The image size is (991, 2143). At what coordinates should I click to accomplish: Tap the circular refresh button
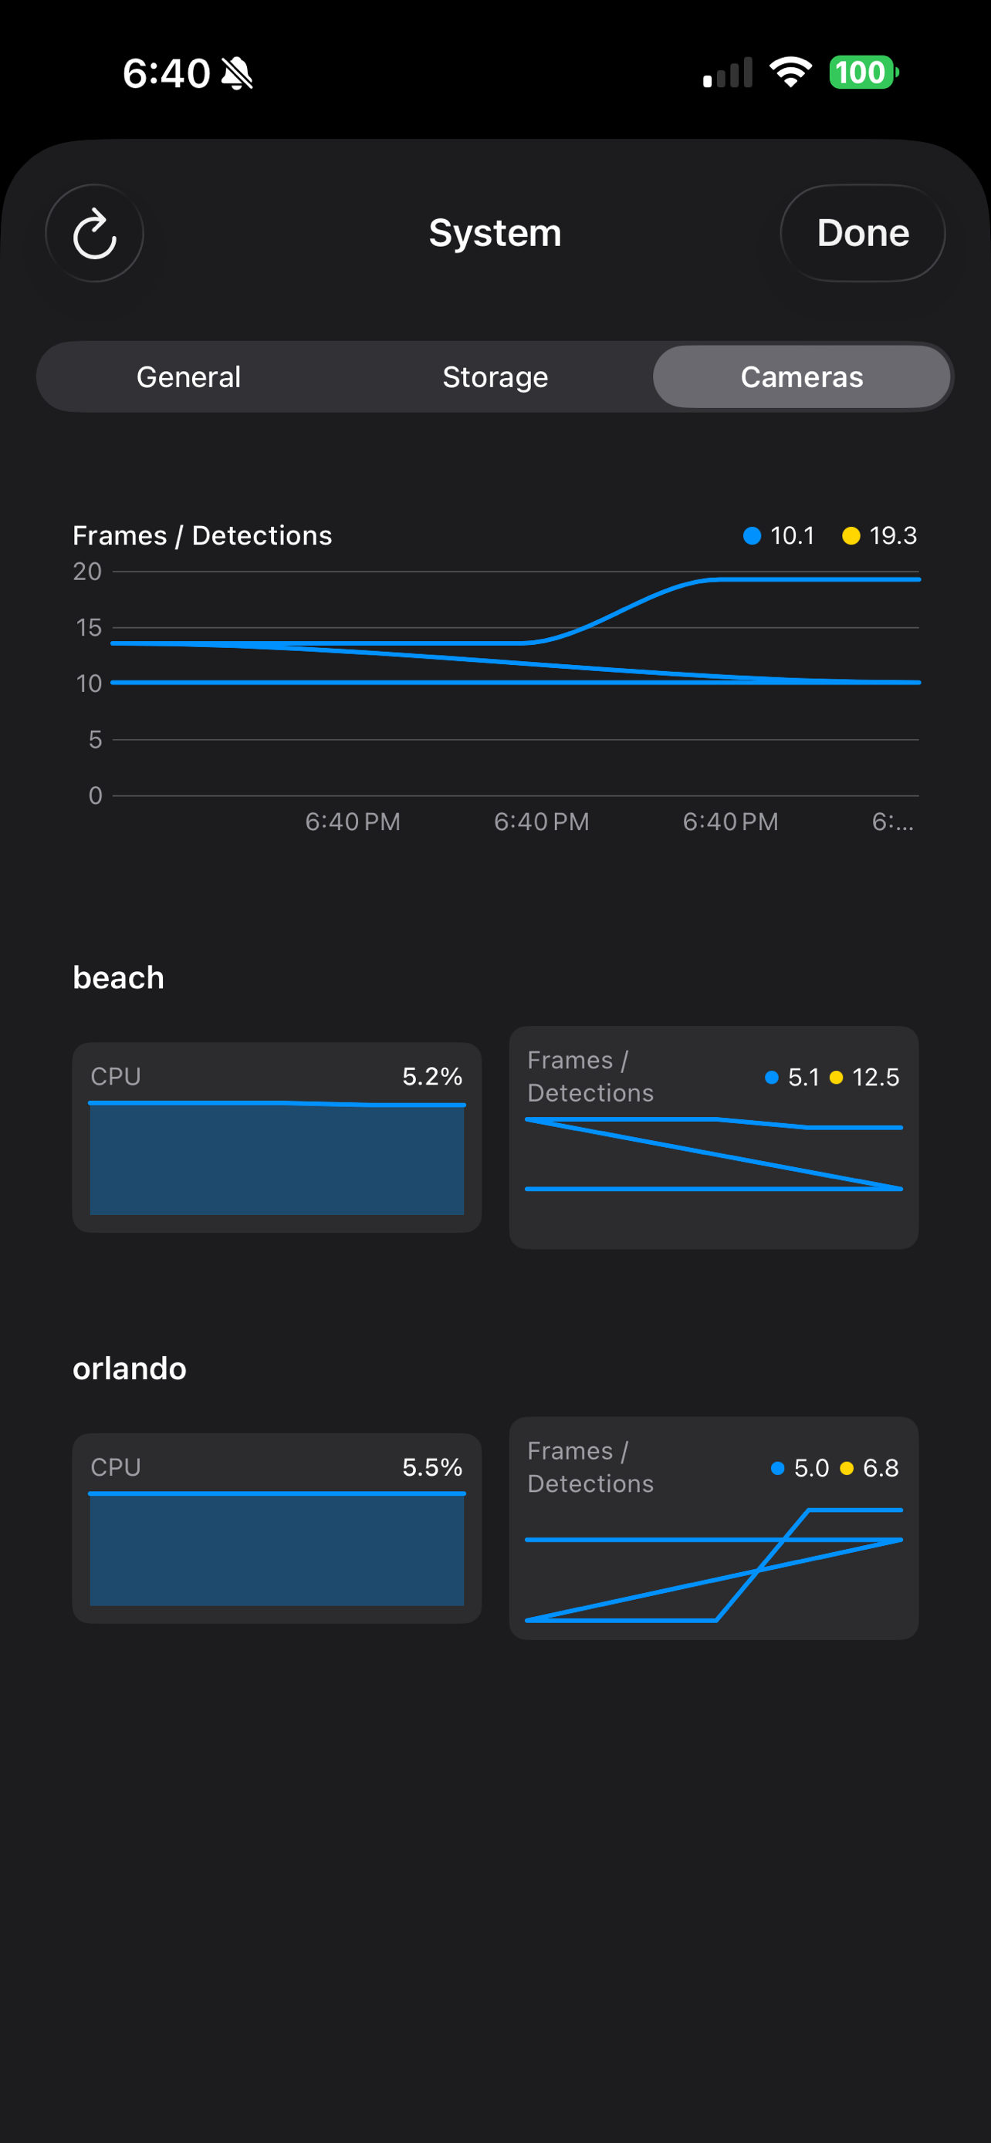94,234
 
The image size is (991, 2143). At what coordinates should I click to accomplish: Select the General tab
189,377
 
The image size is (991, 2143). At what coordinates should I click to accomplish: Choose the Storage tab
495,377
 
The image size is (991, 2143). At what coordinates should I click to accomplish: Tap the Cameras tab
801,377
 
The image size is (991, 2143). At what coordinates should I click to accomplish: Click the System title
495,233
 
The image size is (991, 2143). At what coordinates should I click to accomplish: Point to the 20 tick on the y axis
87,572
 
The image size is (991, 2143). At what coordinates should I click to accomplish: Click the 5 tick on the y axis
95,740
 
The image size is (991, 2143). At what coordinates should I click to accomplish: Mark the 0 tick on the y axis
95,795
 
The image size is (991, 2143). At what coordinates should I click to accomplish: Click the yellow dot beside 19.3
851,535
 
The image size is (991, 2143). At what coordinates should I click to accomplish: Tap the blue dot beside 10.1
752,535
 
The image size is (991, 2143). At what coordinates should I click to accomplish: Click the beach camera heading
118,977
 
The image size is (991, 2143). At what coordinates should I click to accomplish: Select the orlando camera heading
129,1368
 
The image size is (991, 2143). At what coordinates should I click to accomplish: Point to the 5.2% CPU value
432,1076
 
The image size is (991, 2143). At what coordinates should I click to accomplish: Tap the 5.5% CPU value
432,1467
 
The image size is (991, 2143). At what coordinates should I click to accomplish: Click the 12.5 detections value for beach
875,1078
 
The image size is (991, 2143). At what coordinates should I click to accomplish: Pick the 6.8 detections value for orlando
881,1468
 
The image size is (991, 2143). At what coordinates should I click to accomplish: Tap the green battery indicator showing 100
863,73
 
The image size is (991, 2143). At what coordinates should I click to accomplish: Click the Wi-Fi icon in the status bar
790,73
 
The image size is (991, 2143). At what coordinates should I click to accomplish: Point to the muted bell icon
237,74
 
